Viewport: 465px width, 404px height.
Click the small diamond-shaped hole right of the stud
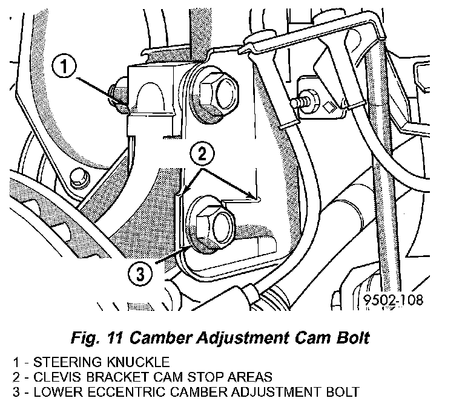coord(329,106)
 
